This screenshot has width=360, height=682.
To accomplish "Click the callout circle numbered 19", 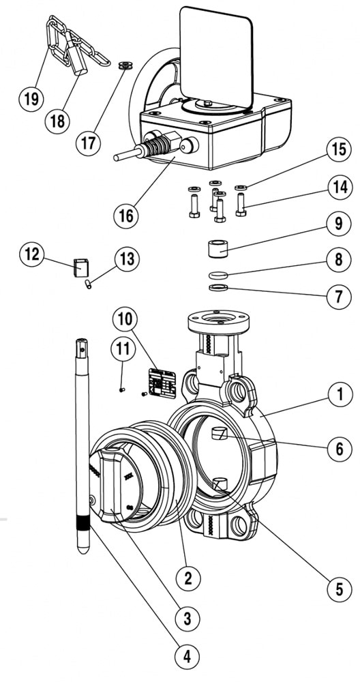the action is pyautogui.click(x=31, y=99).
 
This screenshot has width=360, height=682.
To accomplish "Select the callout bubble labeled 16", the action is pyautogui.click(x=127, y=216).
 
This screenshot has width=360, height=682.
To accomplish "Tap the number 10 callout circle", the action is pyautogui.click(x=125, y=320).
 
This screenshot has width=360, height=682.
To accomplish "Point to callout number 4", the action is pyautogui.click(x=187, y=656).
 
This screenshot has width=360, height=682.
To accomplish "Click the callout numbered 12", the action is pyautogui.click(x=32, y=254).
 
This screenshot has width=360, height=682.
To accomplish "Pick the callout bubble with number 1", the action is pyautogui.click(x=340, y=394).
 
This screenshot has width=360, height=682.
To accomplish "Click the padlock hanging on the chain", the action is pyautogui.click(x=78, y=60).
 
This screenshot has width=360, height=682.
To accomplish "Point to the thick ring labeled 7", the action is pyautogui.click(x=218, y=288).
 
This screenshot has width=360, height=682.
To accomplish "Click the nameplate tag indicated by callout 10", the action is pyautogui.click(x=162, y=383).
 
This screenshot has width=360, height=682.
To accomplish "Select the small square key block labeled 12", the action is pyautogui.click(x=81, y=267).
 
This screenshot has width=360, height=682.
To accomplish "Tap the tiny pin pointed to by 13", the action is pyautogui.click(x=88, y=284).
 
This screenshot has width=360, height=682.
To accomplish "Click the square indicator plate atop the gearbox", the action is pyautogui.click(x=217, y=58).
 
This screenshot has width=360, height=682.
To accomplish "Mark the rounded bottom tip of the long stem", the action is pyautogui.click(x=82, y=549).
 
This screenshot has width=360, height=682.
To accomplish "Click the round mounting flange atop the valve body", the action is pyautogui.click(x=218, y=321).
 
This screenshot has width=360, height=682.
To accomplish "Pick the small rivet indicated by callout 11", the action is pyautogui.click(x=122, y=389).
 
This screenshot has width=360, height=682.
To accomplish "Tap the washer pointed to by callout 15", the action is pyautogui.click(x=241, y=188).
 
